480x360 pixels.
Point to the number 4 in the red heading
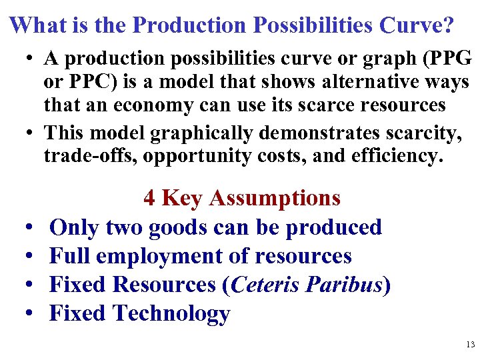pos(149,198)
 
